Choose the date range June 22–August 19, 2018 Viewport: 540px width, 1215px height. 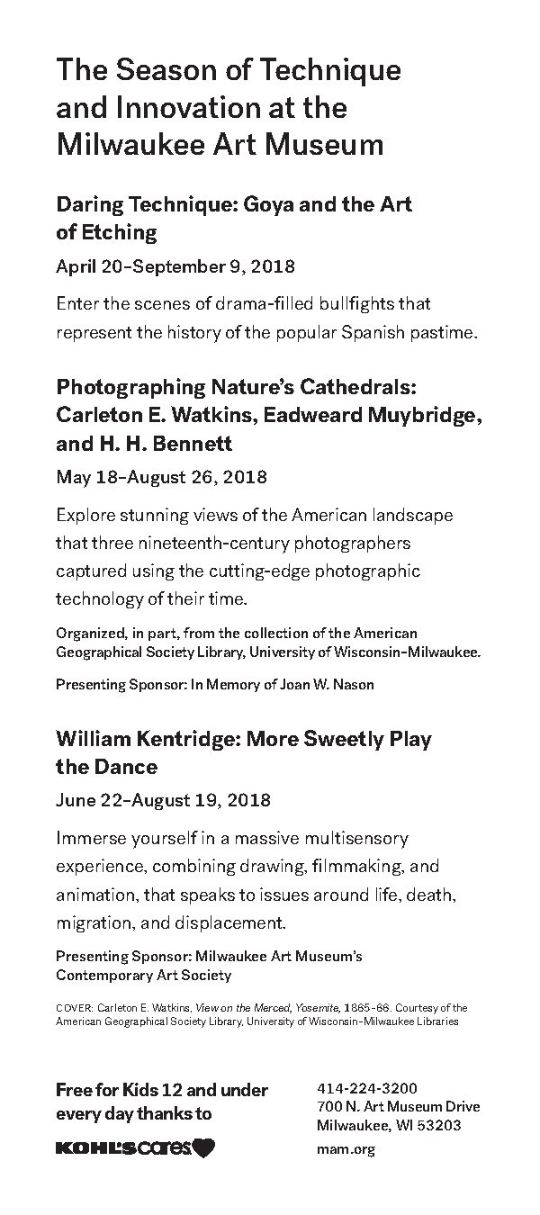[162, 799]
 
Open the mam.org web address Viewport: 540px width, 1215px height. [346, 1148]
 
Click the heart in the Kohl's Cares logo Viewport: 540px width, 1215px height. [204, 1147]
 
